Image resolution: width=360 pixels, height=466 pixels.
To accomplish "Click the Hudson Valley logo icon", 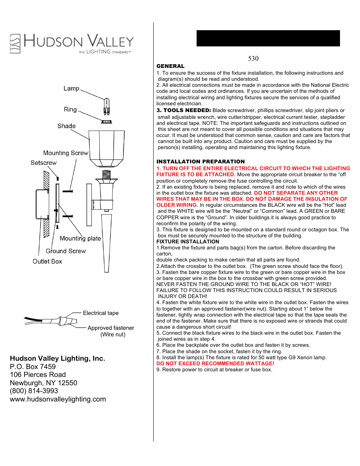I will point(15,43).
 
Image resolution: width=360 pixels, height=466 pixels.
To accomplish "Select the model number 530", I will point(253,58).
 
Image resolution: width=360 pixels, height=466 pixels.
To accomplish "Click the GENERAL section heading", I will point(170,66).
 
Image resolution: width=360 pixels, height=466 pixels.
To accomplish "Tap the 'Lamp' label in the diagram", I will point(71,88).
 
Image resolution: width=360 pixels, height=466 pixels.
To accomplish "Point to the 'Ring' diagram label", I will point(70,109).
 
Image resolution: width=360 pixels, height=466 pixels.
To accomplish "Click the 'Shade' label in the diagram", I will point(66,126).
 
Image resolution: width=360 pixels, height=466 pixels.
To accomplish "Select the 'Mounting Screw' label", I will point(66,153).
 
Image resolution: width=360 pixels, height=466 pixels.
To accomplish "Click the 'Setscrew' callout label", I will point(43,163).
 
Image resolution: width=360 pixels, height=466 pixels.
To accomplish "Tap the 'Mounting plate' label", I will point(80,238).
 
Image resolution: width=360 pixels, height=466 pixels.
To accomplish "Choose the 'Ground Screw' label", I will point(66,251).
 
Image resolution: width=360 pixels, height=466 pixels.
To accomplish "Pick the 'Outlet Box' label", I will point(47,261).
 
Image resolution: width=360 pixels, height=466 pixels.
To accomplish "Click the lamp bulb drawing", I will point(106,107).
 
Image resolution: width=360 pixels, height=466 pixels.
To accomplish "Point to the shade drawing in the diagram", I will point(107,147).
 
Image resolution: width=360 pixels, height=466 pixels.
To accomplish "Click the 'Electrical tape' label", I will point(101,313).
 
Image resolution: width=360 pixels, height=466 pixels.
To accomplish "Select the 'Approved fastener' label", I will point(111,328).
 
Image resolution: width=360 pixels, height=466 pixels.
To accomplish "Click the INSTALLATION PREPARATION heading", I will point(200,161).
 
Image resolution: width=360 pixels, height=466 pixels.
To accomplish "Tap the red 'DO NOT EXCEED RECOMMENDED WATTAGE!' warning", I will point(215,363).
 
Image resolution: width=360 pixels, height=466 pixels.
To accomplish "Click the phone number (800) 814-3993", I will point(34,391).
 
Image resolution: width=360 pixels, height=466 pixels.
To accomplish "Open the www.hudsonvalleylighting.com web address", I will point(58,399).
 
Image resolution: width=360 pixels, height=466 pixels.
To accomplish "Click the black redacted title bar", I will point(268,38).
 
